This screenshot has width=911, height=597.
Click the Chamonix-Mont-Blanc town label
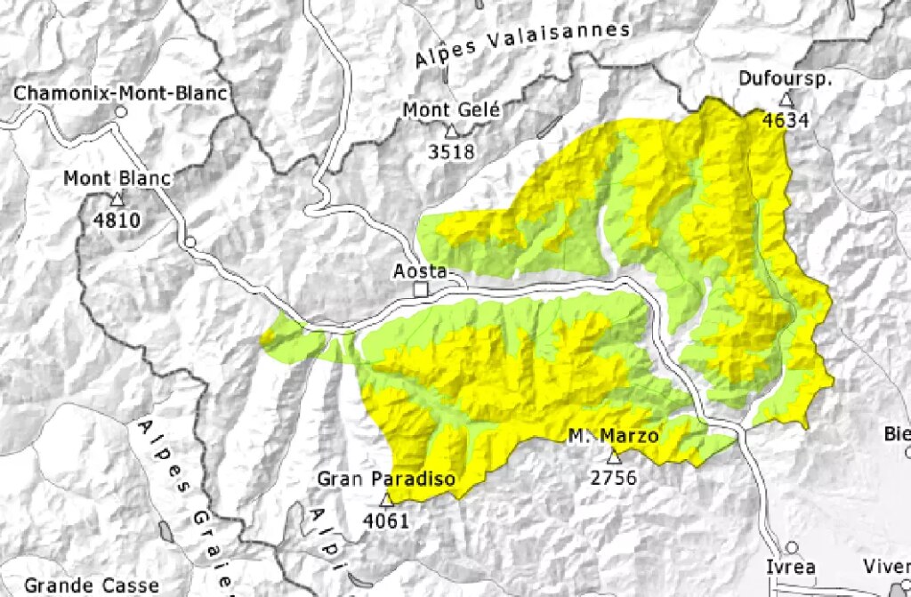pos(121,93)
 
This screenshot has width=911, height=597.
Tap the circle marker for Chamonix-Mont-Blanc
pos(121,112)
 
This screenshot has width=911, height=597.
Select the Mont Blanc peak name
pos(117,179)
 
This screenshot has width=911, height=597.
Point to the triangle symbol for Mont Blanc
pos(117,199)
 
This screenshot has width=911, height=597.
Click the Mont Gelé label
pos(452,110)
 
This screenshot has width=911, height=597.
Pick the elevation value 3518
pos(452,151)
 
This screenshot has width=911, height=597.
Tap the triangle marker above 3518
pos(452,132)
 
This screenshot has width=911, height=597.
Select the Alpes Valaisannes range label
pos(523,45)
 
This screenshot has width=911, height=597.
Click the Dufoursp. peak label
pos(785,79)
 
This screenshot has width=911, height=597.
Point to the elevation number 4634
pos(786,119)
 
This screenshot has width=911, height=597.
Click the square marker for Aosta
pos(422,290)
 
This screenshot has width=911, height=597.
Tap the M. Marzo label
pos(614,436)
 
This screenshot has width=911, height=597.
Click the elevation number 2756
pos(614,478)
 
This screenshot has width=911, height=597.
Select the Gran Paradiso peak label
pos(386,480)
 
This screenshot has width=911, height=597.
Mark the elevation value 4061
pos(386,521)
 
